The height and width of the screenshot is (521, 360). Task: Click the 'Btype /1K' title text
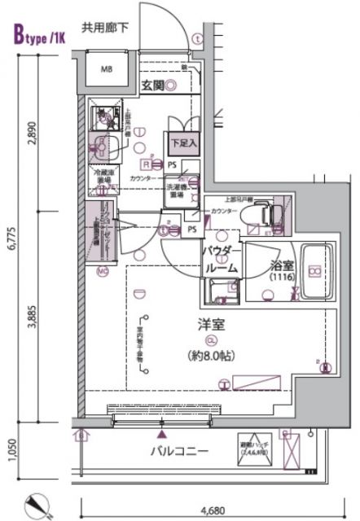36,35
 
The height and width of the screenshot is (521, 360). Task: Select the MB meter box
106,70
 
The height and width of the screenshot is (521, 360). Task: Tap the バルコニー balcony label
179,450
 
